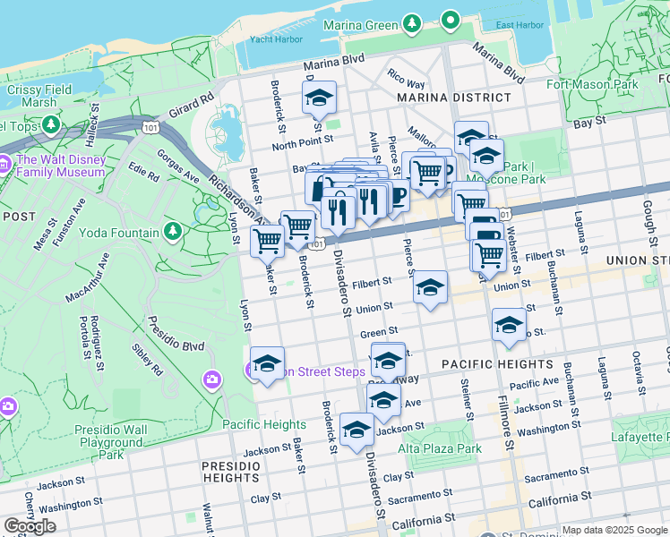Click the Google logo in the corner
pos(30,526)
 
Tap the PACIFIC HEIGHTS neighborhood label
pos(497,364)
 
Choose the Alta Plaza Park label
pos(440,448)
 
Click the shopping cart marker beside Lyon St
pos(267,240)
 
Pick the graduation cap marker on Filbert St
pos(431,287)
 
